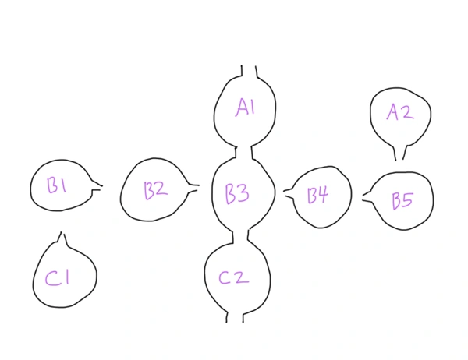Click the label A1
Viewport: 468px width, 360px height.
pos(245,108)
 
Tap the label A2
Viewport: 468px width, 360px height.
pos(399,113)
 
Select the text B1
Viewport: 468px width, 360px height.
pos(57,185)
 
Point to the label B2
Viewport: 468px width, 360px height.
pos(155,189)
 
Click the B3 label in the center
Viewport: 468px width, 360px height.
pos(237,193)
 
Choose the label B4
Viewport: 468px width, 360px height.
pos(317,195)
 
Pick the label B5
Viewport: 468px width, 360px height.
pos(402,201)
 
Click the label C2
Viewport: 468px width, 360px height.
pos(233,277)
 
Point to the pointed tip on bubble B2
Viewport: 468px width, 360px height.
pos(195,186)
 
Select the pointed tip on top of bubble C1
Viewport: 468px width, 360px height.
pos(62,235)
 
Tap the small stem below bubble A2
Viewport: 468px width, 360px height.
pos(400,153)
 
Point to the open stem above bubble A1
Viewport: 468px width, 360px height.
pos(249,72)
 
